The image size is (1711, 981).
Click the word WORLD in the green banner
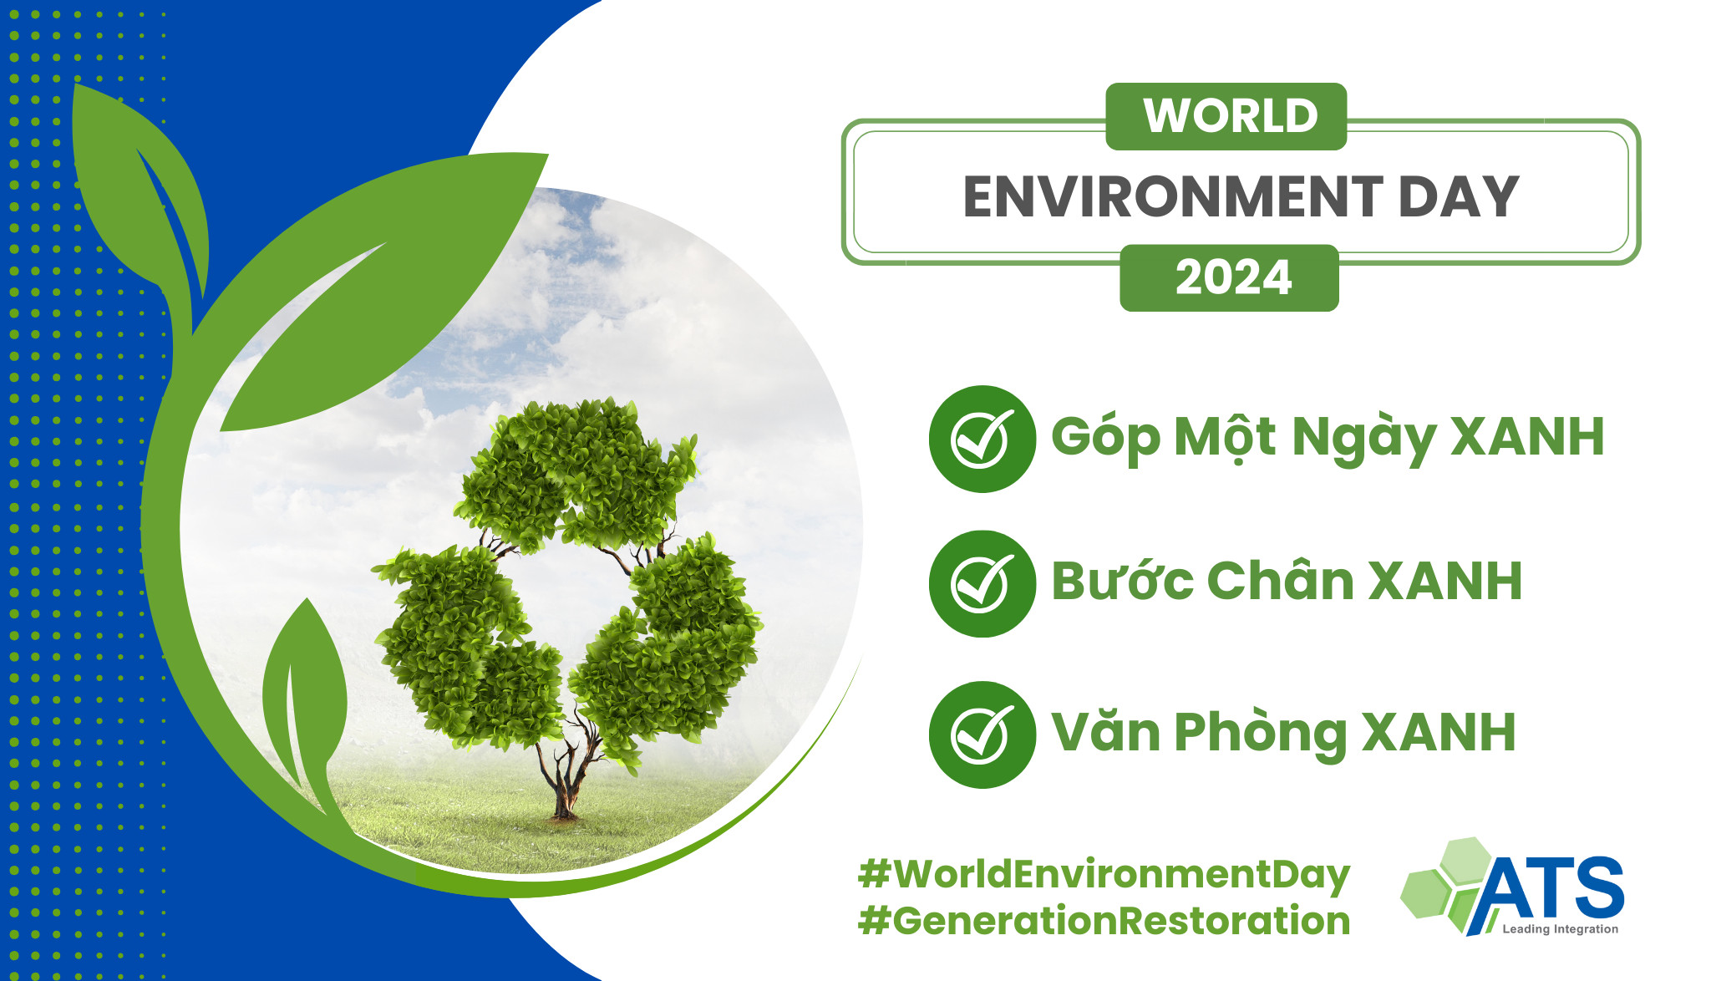[x=1231, y=115]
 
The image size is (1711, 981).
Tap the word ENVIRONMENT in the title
[x=1173, y=197]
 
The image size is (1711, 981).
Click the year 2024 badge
[x=1230, y=278]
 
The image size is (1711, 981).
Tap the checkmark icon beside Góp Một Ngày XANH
[x=982, y=439]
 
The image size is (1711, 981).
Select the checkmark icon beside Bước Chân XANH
[x=982, y=584]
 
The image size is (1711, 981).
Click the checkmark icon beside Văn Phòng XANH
[x=982, y=734]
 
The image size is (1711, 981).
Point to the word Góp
[x=1105, y=436]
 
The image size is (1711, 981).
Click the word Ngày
[x=1363, y=436]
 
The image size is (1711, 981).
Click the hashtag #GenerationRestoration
[x=1104, y=921]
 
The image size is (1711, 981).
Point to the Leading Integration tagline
[x=1560, y=929]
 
